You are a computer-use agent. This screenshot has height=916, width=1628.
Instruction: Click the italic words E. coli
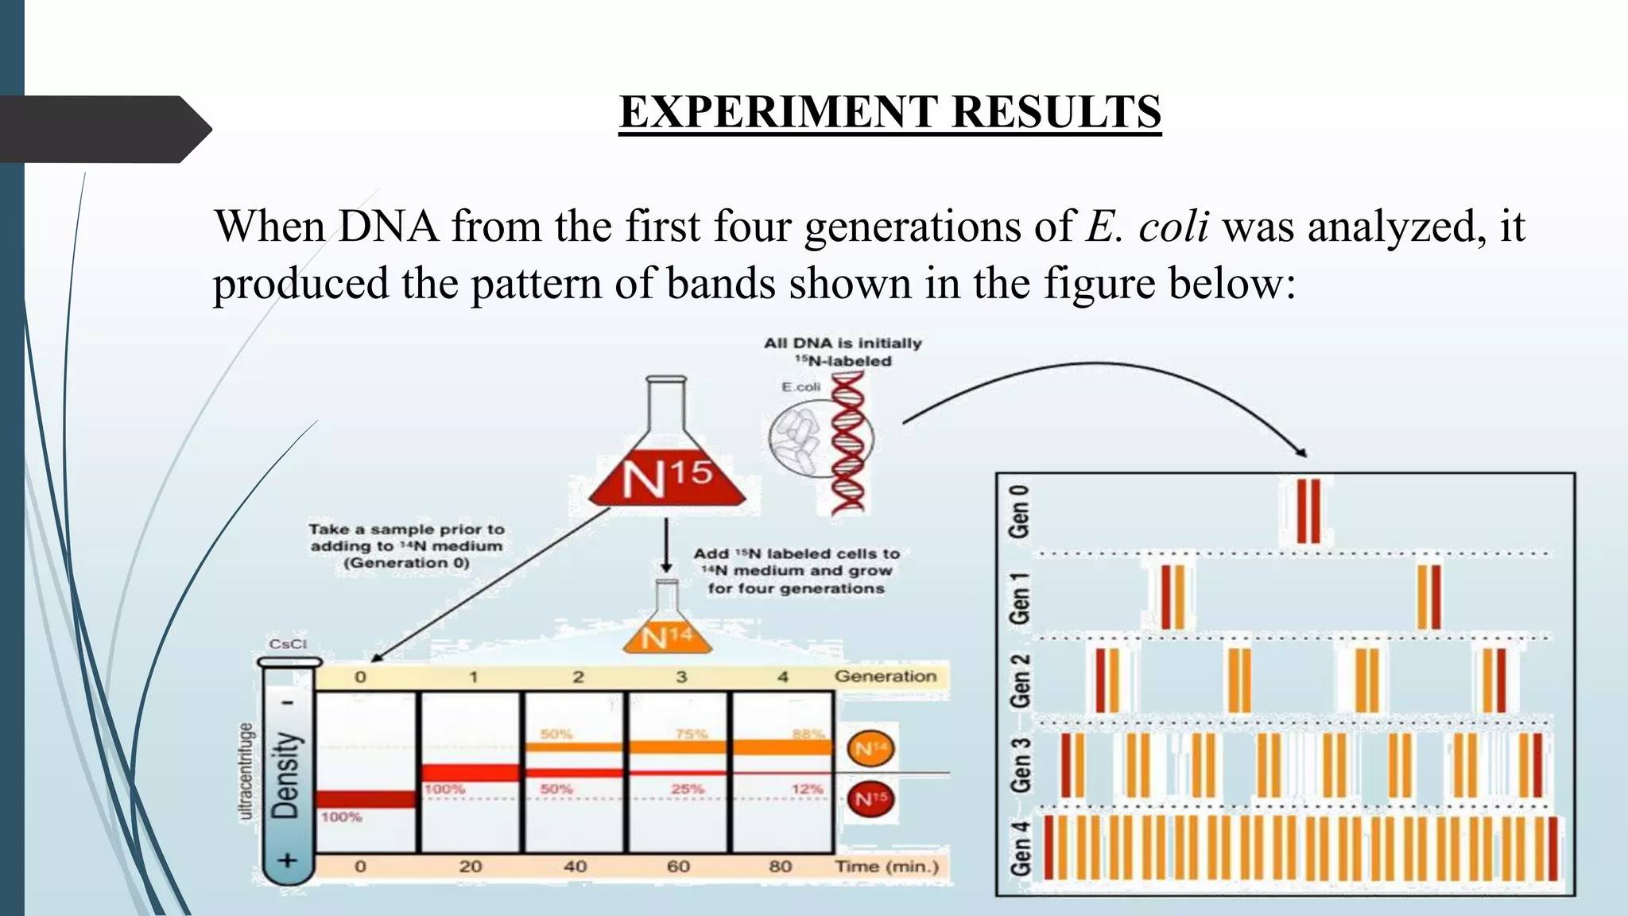(1147, 227)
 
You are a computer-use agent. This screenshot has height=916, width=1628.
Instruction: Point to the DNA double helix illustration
(847, 444)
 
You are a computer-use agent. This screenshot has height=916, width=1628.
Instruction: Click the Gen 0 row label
(1019, 511)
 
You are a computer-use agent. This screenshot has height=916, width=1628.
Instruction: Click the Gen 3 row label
(1019, 765)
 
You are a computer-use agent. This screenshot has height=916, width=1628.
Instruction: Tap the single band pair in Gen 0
(1308, 511)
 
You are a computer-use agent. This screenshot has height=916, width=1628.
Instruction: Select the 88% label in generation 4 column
(808, 734)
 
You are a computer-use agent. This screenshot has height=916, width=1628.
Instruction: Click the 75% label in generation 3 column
(691, 734)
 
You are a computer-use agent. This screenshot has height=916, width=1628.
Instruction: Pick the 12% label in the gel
(807, 789)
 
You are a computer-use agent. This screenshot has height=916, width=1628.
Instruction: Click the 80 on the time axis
(781, 866)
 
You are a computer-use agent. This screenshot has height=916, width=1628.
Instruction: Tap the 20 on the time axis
(471, 866)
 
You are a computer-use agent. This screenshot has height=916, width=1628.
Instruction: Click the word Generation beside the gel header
(885, 676)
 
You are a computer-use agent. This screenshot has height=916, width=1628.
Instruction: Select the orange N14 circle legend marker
(871, 748)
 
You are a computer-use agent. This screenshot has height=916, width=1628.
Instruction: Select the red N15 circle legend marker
(871, 798)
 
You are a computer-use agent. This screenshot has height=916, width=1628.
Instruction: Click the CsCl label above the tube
(288, 644)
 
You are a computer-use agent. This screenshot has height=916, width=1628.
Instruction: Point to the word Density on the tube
(286, 775)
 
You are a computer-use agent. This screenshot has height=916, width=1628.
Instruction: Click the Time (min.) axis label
(886, 866)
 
